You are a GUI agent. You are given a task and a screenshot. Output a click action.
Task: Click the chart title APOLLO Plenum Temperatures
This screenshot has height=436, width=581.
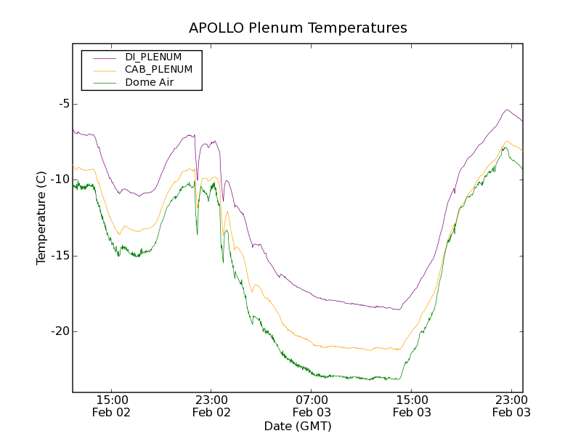[298, 28]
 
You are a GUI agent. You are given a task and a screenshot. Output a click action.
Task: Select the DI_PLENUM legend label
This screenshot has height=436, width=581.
[153, 57]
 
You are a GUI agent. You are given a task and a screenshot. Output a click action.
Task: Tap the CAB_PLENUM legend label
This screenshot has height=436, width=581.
[158, 70]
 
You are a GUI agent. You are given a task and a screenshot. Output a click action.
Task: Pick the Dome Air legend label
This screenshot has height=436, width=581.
[149, 82]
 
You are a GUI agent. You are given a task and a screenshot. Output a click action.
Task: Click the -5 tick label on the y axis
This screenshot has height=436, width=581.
[64, 103]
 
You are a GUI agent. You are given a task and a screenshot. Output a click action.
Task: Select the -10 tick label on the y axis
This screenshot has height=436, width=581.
[61, 179]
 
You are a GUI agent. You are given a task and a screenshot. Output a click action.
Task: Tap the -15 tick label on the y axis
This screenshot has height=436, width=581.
[61, 256]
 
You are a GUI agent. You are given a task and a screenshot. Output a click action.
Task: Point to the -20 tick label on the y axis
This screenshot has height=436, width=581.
[61, 331]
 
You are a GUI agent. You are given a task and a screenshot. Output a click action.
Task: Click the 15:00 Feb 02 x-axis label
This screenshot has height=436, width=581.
[112, 405]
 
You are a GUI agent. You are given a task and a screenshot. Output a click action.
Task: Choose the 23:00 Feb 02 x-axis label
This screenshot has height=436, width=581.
[211, 405]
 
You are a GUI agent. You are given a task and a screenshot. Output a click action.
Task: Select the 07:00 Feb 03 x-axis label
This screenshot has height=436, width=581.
[312, 405]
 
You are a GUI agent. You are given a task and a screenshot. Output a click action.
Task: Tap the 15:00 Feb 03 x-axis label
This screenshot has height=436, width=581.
[412, 405]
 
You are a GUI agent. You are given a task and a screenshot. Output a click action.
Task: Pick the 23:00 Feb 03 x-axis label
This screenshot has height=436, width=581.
[511, 405]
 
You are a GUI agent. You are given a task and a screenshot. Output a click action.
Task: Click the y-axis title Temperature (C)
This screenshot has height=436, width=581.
[41, 218]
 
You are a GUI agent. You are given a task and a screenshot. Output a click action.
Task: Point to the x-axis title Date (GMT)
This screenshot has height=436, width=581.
[298, 426]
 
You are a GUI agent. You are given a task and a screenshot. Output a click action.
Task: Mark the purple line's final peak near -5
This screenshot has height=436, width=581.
[507, 110]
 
